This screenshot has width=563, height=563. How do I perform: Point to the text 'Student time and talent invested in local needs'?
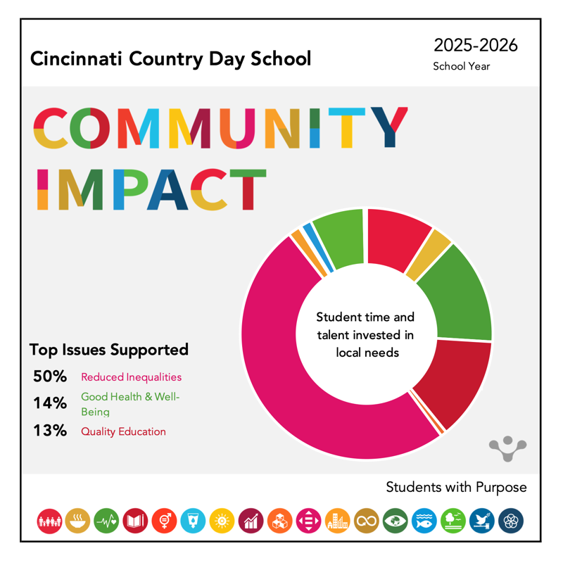tap(366, 334)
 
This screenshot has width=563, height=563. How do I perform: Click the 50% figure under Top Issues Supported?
tap(49, 377)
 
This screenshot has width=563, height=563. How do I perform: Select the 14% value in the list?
tap(49, 403)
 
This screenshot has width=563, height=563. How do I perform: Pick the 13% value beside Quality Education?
tap(49, 431)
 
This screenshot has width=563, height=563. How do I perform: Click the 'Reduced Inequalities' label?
tap(131, 377)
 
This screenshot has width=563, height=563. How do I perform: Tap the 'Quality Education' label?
tap(123, 431)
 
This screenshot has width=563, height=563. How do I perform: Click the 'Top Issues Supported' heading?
tap(109, 349)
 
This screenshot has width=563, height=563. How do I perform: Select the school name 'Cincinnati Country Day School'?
tap(170, 58)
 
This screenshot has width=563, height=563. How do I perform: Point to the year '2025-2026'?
tap(476, 46)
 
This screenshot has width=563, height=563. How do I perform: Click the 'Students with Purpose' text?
tap(456, 487)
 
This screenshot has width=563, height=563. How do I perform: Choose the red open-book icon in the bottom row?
tap(135, 521)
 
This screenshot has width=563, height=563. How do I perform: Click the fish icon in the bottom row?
tap(424, 521)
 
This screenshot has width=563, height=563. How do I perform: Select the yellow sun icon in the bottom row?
tap(222, 521)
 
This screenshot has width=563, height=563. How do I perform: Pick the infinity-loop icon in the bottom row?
tap(367, 521)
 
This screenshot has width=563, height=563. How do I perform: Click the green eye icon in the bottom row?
tap(396, 521)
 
